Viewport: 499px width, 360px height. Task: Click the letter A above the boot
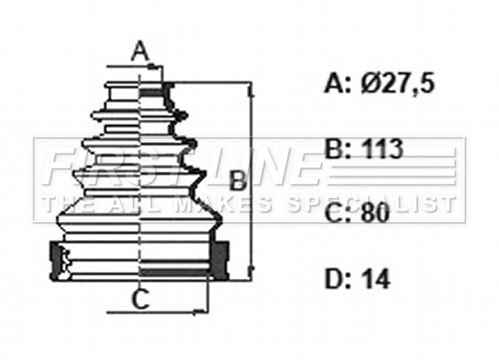(x=140, y=52)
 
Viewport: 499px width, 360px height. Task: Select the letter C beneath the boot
(x=140, y=300)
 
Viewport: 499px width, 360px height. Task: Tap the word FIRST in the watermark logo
(x=117, y=166)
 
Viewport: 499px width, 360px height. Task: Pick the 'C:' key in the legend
(x=337, y=214)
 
